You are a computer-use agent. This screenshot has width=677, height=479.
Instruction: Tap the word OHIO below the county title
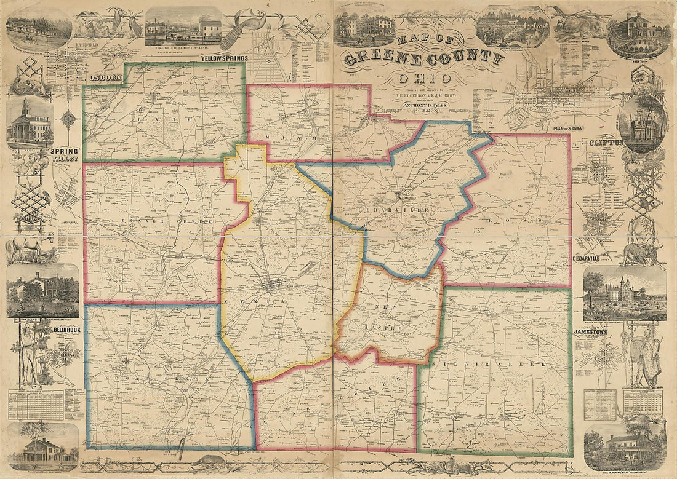click(x=425, y=79)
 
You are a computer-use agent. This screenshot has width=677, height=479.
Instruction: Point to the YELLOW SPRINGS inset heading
click(x=224, y=58)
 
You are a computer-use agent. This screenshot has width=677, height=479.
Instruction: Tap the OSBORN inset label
click(x=102, y=78)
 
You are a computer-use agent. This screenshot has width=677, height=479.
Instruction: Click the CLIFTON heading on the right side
click(x=606, y=143)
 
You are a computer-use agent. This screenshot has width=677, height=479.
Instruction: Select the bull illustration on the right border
click(x=642, y=252)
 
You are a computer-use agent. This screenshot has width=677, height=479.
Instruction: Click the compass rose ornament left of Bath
click(x=69, y=119)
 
